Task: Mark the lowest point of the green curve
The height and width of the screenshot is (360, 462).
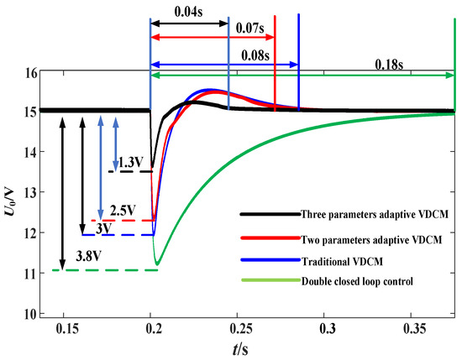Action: point(156,265)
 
